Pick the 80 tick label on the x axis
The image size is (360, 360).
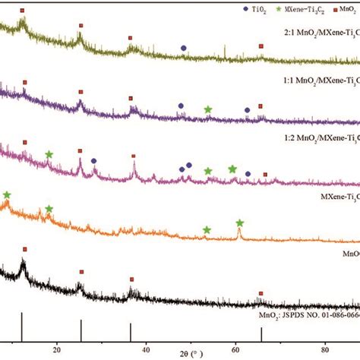click(324, 351)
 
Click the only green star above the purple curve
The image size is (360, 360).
click(208, 109)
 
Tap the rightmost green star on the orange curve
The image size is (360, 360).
click(240, 223)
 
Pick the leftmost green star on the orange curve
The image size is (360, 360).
click(7, 195)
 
